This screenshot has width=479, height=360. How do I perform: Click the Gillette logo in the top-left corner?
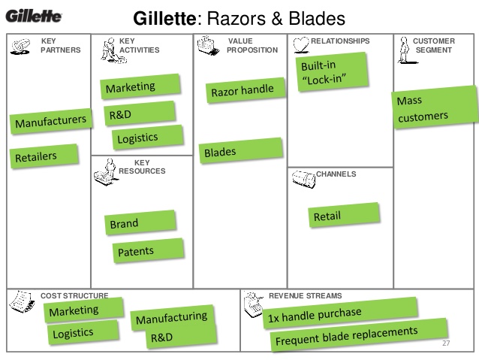(35, 17)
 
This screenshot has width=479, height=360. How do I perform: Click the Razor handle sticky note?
(242, 91)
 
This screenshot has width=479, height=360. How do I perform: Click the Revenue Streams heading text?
(305, 296)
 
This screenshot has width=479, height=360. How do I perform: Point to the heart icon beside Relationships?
(300, 42)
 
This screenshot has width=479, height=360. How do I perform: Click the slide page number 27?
(446, 343)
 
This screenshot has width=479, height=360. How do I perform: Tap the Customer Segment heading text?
(433, 45)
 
